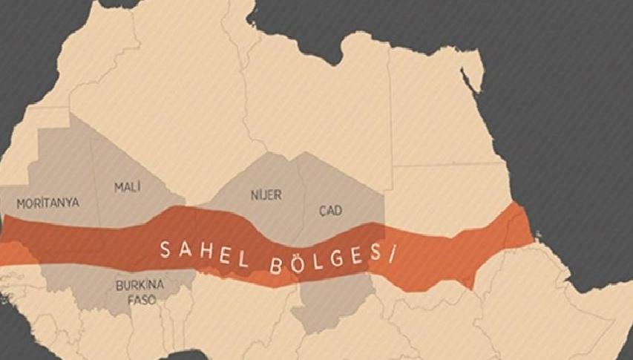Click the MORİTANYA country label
47,202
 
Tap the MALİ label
127,187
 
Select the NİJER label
265,195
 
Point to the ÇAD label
330,212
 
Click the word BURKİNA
140,284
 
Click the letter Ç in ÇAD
321,212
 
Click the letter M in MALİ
119,187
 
